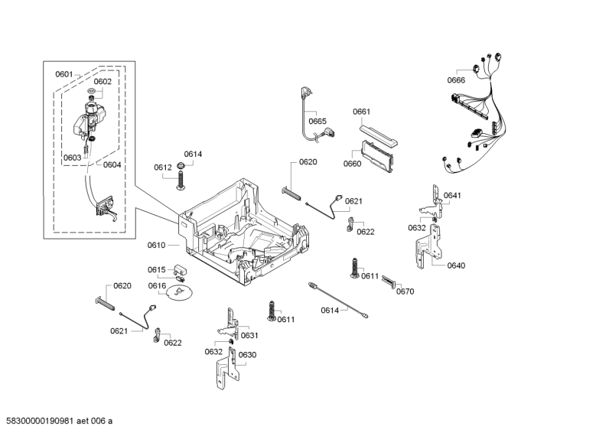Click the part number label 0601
[x=63, y=74]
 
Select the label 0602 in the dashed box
[x=103, y=82]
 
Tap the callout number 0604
[x=112, y=164]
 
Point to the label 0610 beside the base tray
[x=156, y=245]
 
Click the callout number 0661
[x=362, y=112]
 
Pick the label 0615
[x=156, y=269]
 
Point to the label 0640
[x=456, y=265]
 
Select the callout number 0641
[x=452, y=196]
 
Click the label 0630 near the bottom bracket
[x=247, y=355]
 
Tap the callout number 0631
[x=249, y=335]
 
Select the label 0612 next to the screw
[x=162, y=167]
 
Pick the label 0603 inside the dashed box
[x=73, y=158]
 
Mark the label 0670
[x=405, y=291]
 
